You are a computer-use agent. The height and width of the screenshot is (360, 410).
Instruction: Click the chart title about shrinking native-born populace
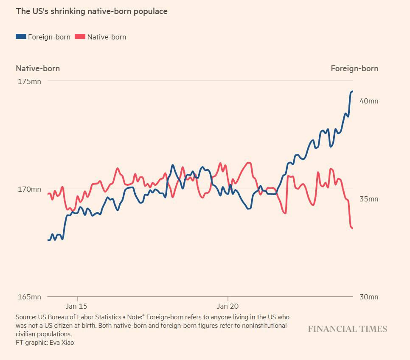(x=92, y=11)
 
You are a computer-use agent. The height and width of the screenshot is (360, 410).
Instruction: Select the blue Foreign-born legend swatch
(x=21, y=36)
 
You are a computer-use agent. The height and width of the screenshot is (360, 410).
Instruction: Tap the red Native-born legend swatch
(x=80, y=36)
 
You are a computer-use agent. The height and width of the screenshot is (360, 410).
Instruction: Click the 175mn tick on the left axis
(x=29, y=82)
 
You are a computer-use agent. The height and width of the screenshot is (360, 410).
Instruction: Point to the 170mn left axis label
(x=29, y=189)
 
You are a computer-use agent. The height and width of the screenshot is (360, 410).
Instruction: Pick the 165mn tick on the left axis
(x=29, y=297)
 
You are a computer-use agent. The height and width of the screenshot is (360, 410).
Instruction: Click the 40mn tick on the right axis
(x=369, y=101)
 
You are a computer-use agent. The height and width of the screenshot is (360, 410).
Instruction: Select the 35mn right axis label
(x=369, y=199)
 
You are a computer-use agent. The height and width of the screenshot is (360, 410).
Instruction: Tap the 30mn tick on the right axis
(x=369, y=297)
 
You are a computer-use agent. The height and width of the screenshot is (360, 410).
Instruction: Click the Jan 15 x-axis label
(x=77, y=306)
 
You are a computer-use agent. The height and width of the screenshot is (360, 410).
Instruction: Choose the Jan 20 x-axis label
(x=228, y=306)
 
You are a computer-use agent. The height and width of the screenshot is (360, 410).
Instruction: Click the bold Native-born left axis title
(x=38, y=68)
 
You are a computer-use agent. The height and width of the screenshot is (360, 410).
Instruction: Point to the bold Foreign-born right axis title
(x=354, y=68)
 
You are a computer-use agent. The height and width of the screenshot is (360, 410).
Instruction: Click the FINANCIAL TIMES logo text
(x=347, y=329)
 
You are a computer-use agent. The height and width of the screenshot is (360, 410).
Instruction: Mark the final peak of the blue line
(x=352, y=91)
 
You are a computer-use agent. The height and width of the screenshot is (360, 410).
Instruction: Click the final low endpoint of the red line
(x=353, y=228)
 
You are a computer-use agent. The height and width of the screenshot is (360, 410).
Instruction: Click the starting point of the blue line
(x=48, y=240)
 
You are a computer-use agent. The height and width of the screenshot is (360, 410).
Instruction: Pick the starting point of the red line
(x=48, y=194)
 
